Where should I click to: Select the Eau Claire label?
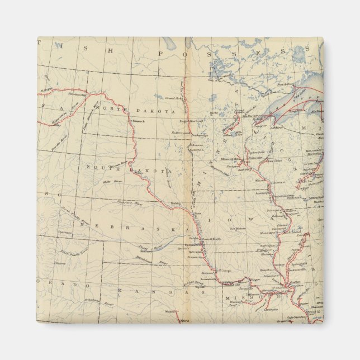[274, 161]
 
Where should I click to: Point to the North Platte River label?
[75, 213]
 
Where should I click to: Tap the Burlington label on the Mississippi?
[262, 244]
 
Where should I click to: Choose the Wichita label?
[169, 311]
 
